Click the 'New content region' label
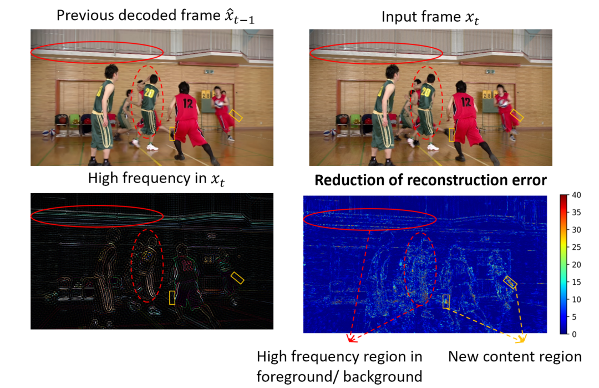click(515, 356)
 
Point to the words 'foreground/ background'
click(339, 377)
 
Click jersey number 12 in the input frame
click(465, 102)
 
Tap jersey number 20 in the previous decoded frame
click(149, 92)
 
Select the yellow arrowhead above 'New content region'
click(521, 338)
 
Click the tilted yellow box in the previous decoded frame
click(236, 115)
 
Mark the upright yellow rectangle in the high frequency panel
click(172, 298)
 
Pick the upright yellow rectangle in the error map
click(446, 301)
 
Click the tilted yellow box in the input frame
click(516, 115)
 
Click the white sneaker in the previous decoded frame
click(153, 147)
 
